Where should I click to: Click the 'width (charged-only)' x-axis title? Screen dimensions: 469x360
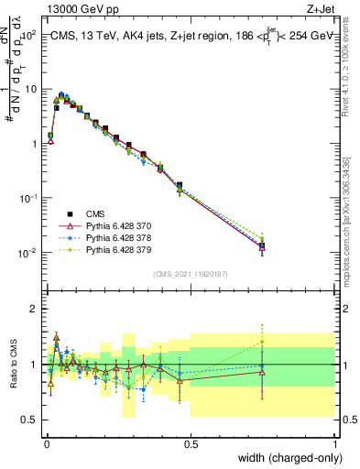(284, 459)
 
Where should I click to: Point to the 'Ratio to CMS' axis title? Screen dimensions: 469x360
(13, 362)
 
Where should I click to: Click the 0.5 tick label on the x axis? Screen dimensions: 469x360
(191, 444)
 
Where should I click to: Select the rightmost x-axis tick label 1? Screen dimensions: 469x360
(336, 444)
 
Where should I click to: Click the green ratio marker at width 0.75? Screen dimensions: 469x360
(263, 343)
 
